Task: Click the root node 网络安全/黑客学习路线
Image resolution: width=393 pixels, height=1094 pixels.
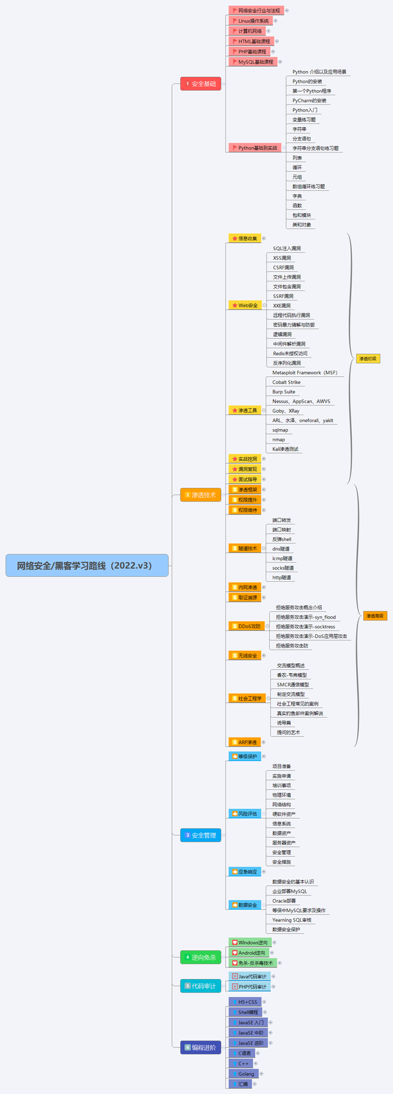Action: click(87, 565)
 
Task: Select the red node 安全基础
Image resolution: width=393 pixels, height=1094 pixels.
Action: click(200, 84)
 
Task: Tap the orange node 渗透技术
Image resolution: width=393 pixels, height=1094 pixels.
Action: click(200, 495)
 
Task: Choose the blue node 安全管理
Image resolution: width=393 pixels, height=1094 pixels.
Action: click(200, 835)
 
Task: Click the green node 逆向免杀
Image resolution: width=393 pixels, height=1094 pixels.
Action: click(200, 957)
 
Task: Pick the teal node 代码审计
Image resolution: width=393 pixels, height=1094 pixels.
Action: click(200, 986)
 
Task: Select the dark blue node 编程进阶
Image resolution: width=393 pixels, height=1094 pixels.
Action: click(200, 1047)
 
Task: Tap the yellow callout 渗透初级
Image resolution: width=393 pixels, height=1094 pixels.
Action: click(367, 358)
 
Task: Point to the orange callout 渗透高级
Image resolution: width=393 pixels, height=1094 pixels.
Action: click(375, 615)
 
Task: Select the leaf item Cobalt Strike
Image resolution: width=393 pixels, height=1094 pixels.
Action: click(287, 382)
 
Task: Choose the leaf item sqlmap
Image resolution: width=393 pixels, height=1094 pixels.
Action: click(280, 430)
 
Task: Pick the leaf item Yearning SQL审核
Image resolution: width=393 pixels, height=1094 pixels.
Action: click(292, 920)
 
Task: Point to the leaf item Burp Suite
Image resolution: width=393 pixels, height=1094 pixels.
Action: click(284, 392)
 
